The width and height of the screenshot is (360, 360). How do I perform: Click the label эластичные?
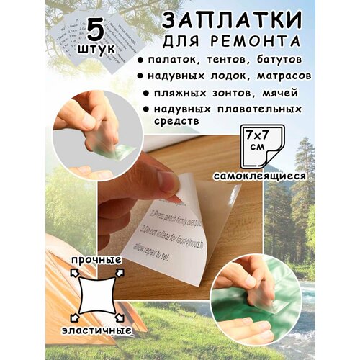click(100, 330)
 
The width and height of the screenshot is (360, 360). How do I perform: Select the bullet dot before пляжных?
click(147, 94)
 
